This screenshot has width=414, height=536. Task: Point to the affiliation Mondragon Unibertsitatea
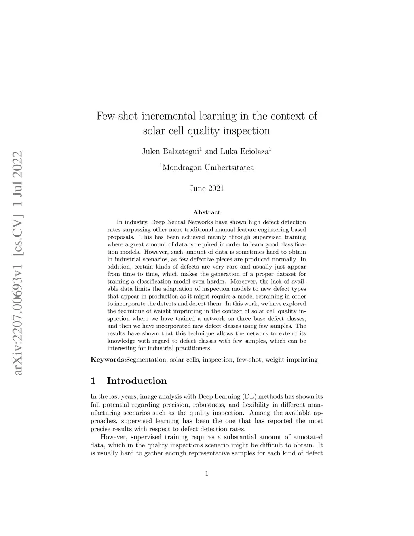click(x=208, y=167)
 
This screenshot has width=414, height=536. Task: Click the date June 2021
click(x=207, y=189)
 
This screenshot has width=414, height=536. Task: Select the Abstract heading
click(x=207, y=212)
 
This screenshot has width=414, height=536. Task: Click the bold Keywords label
click(x=108, y=359)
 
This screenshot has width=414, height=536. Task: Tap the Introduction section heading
click(x=137, y=381)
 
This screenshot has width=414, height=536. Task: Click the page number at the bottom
click(x=207, y=474)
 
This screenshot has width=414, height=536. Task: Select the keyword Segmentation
click(x=146, y=359)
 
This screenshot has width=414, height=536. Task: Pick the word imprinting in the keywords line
click(x=302, y=359)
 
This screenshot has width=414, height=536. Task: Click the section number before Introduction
click(x=93, y=381)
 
